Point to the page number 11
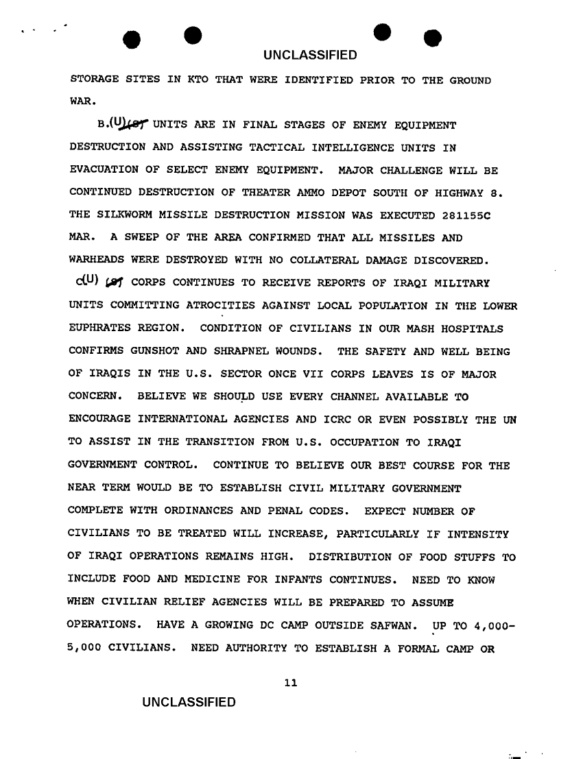(291, 683)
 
